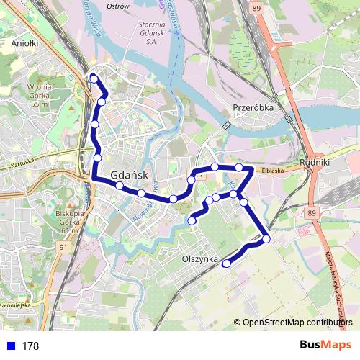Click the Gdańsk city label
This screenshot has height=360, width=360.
coord(130,175)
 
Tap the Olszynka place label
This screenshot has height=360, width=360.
coord(199,257)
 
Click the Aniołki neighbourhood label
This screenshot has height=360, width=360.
coord(24,42)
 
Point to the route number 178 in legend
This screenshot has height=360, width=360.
coord(30,346)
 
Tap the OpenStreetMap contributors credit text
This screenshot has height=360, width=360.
coord(297,323)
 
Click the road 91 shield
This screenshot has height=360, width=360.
coord(64,247)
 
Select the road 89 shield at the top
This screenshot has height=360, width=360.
coord(257,6)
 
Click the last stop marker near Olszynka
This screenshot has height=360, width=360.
coord(226,264)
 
